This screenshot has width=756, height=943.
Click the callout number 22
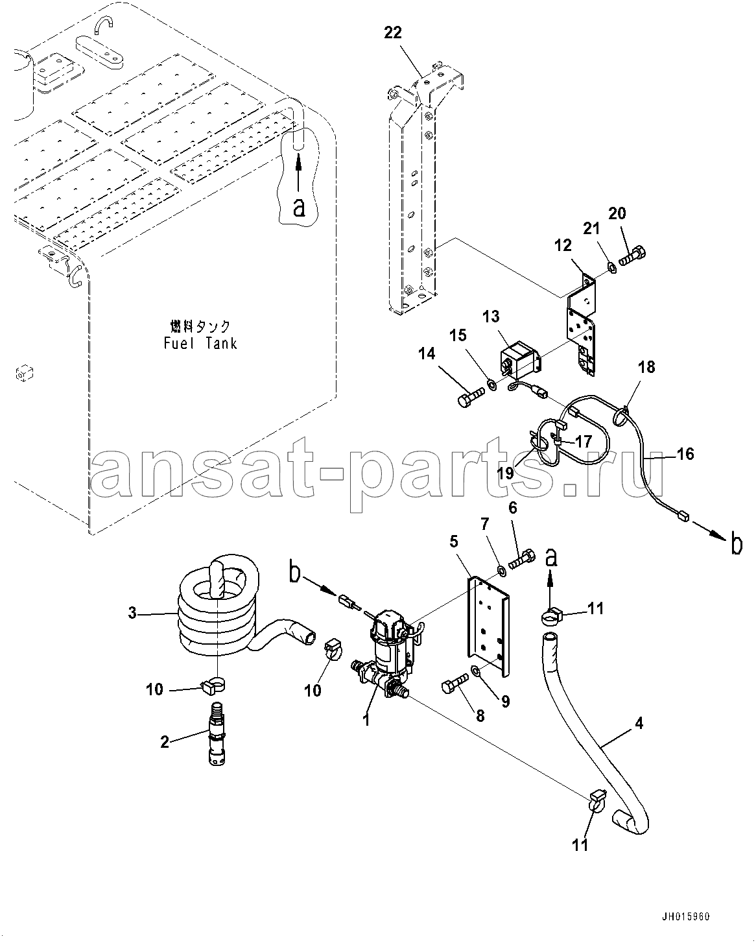392,33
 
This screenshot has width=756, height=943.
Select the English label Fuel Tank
200,343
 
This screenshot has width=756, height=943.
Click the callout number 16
685,453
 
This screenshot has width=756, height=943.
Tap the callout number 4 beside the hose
639,723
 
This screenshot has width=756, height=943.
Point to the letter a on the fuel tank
299,208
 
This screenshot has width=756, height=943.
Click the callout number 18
646,367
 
